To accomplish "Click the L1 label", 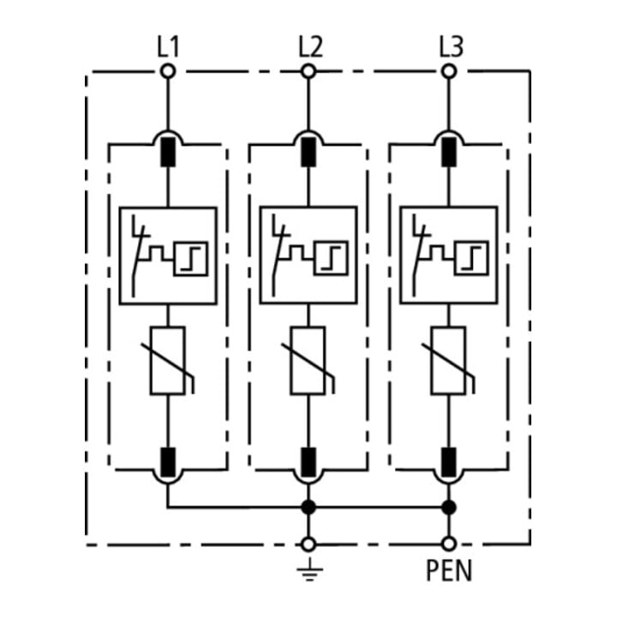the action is click(168, 47).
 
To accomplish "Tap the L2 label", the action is click(310, 47).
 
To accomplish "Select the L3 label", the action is click(451, 47).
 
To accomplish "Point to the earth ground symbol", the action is click(308, 570).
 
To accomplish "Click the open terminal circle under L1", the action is click(168, 72).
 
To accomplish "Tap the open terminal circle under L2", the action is click(308, 72).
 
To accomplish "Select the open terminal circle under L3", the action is click(449, 72).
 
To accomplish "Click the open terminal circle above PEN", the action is click(448, 544).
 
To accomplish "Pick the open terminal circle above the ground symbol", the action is click(308, 545).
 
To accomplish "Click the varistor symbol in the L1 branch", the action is click(168, 361).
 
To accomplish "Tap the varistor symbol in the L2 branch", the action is click(308, 361).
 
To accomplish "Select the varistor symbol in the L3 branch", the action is click(449, 361).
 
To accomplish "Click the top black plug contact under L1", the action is click(168, 152).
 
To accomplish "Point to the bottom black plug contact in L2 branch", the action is click(308, 463).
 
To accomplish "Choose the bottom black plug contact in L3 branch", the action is click(449, 463).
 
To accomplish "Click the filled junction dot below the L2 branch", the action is click(308, 507).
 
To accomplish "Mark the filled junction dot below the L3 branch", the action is click(448, 507).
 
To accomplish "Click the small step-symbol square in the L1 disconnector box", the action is click(191, 259).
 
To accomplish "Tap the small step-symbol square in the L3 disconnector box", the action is click(472, 258).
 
